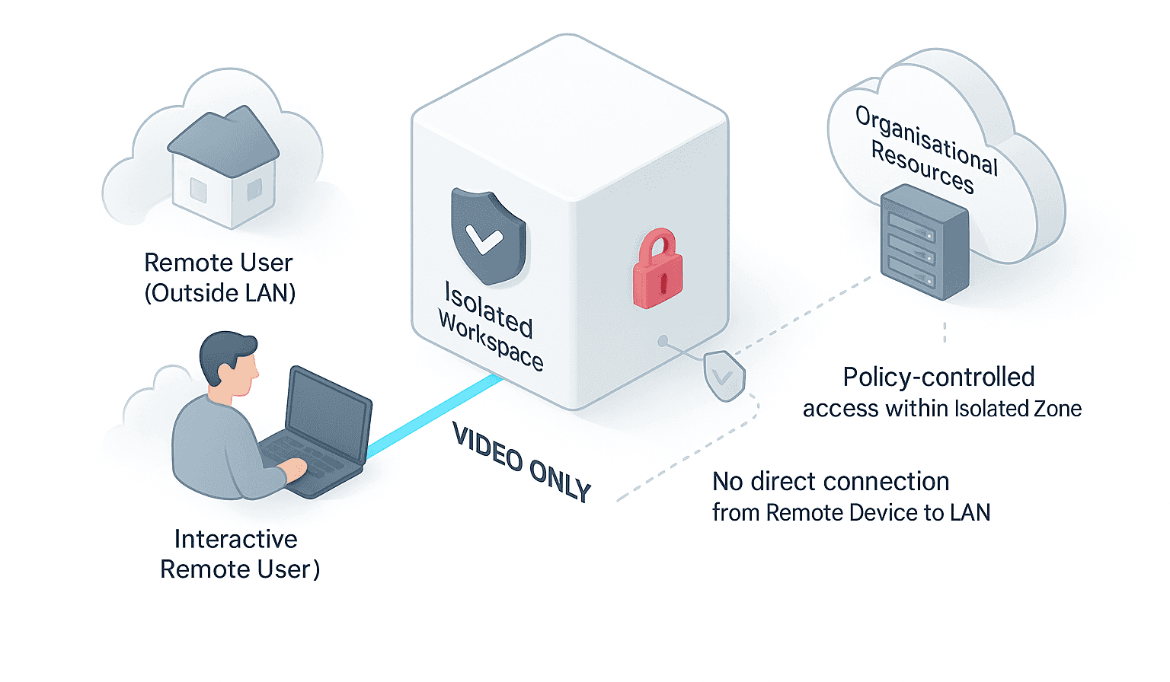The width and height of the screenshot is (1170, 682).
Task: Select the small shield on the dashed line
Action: click(x=724, y=374)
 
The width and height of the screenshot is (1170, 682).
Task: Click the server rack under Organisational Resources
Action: click(x=924, y=245)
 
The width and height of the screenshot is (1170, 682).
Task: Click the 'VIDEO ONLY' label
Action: click(x=522, y=462)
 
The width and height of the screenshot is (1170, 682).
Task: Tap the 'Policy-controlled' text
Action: click(x=938, y=377)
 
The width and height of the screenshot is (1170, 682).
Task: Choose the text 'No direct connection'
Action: click(x=830, y=481)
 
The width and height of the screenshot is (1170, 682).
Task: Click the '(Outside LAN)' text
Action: click(x=220, y=293)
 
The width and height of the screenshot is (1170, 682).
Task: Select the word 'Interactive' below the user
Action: click(x=235, y=539)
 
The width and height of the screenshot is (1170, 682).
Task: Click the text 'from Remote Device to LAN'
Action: click(x=851, y=513)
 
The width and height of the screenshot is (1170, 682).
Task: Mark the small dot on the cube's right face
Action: click(x=663, y=340)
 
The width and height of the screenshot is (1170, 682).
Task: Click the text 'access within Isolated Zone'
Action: click(x=941, y=409)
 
